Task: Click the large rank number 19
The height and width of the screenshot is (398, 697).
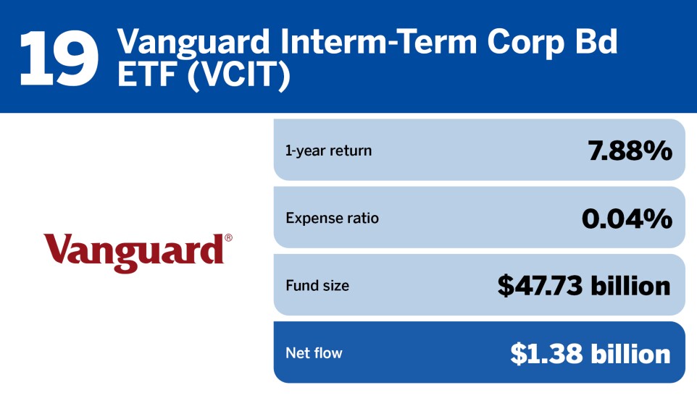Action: click(x=59, y=58)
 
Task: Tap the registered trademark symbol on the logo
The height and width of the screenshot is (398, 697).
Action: click(x=228, y=237)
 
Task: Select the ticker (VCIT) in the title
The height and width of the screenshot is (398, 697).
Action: click(x=238, y=75)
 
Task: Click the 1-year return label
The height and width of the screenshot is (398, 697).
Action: click(x=328, y=151)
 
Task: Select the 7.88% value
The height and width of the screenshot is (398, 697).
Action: click(x=630, y=151)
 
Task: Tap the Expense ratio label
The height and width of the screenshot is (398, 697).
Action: click(x=332, y=218)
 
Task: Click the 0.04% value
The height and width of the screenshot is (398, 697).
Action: click(x=627, y=219)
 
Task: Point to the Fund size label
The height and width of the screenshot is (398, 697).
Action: click(x=317, y=285)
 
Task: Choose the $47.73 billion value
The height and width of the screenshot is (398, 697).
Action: click(x=584, y=286)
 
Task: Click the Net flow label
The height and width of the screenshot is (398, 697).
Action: click(x=314, y=353)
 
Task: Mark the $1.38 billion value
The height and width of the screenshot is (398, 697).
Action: click(x=590, y=354)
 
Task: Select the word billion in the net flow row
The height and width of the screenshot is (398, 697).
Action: click(x=631, y=354)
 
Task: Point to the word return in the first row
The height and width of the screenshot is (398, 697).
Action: click(x=349, y=151)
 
